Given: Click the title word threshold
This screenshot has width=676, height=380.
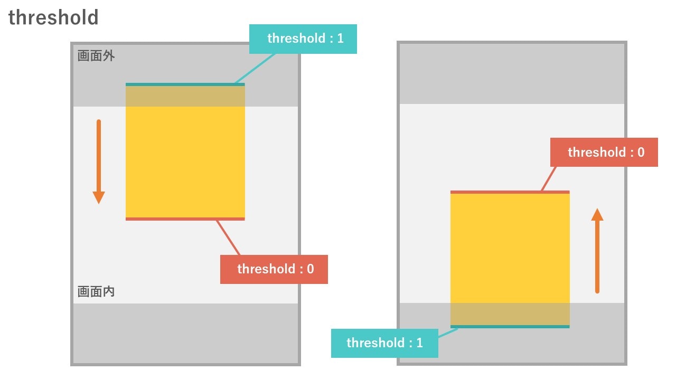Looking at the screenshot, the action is coord(53,17).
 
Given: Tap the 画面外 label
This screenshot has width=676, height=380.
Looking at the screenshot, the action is coord(96,56).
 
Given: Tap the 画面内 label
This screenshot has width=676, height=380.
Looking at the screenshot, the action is coord(96,292).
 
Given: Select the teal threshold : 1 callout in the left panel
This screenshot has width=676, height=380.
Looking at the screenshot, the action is coord(303,39).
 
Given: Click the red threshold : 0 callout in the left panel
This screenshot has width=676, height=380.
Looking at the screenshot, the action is coord(274,269).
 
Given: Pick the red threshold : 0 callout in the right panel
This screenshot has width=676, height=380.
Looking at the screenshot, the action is coord(604,153).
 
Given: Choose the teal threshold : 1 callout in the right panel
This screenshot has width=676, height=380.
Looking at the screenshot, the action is coord(385,343).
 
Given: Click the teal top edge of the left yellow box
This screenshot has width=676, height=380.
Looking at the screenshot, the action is coord(185,84).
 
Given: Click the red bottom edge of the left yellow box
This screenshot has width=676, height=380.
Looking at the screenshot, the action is coord(185,219).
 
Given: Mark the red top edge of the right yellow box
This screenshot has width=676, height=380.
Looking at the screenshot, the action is coord(510,192).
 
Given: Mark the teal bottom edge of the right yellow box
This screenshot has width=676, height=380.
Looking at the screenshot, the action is coord(510,327).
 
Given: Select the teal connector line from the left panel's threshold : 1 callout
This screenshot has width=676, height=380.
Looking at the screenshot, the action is coord(255,69).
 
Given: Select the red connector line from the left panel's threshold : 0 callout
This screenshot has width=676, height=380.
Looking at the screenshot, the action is coord(228,238).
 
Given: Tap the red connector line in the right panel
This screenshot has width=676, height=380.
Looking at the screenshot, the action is coord(549,179).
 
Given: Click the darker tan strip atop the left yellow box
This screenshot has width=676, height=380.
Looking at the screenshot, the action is coord(185,96).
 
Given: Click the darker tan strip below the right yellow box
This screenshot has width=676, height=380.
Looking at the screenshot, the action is coord(510,314).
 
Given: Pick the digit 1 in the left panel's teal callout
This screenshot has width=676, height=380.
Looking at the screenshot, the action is coord(341,39).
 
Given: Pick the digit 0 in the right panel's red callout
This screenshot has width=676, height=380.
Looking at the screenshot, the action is coord(641,153).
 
